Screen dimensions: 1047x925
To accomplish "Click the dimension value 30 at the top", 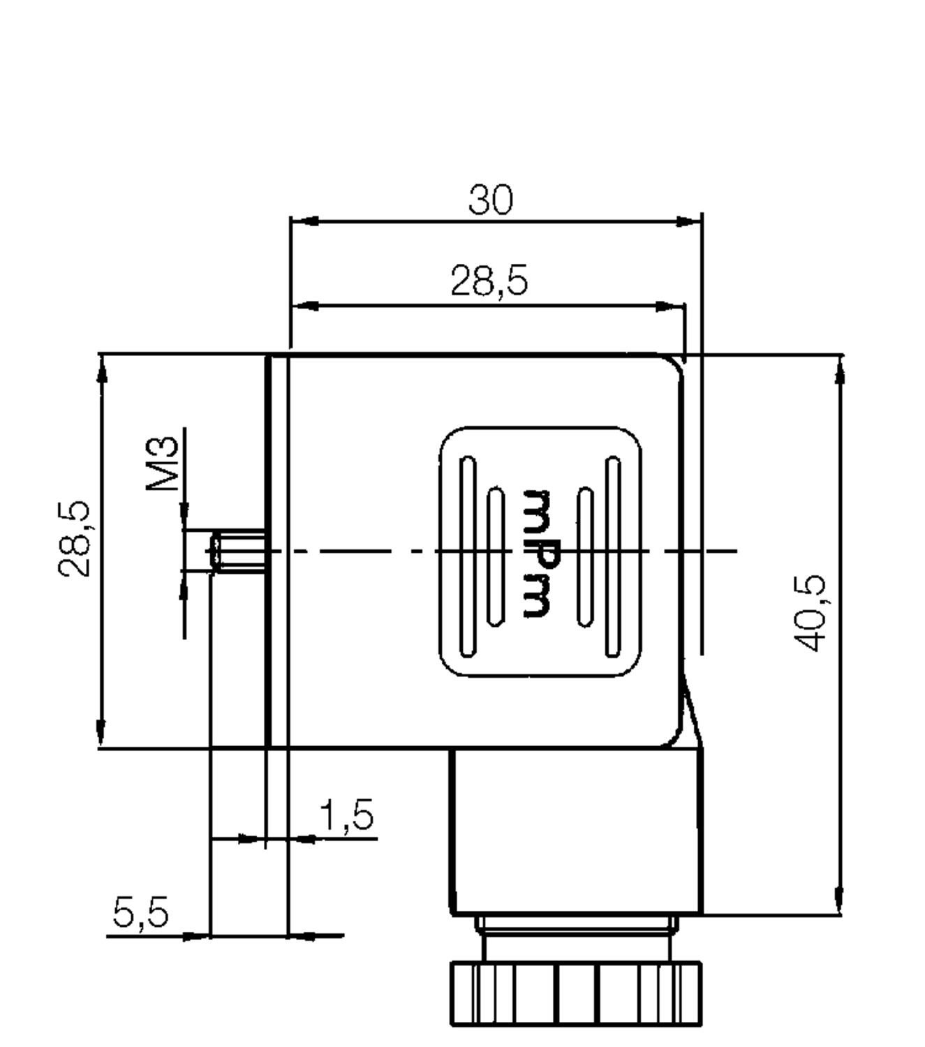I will click(490, 200).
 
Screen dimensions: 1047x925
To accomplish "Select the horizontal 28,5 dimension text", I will click(489, 281).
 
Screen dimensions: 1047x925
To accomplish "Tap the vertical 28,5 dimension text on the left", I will click(74, 538).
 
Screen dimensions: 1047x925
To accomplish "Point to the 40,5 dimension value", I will click(812, 614).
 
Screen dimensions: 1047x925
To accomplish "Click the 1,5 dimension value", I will click(347, 815).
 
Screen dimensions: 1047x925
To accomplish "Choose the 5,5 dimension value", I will click(141, 912).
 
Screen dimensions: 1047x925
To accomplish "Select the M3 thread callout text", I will click(163, 463).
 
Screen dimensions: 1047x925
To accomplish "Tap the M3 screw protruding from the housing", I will click(238, 551).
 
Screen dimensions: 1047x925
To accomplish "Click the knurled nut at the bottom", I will click(576, 993).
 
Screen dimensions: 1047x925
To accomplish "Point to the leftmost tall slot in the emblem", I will click(468, 556).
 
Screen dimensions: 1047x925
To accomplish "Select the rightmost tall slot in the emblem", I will click(613, 556).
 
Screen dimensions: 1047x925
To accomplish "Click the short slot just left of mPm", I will click(496, 556).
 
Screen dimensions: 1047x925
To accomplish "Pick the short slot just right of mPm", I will click(586, 556).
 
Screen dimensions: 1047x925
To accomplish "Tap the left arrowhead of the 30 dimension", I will click(304, 221).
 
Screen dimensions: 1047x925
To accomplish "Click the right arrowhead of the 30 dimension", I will click(688, 221).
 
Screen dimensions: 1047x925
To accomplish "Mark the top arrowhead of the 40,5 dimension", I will click(840, 370).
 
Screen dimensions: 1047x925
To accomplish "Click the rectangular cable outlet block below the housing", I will click(576, 831).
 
